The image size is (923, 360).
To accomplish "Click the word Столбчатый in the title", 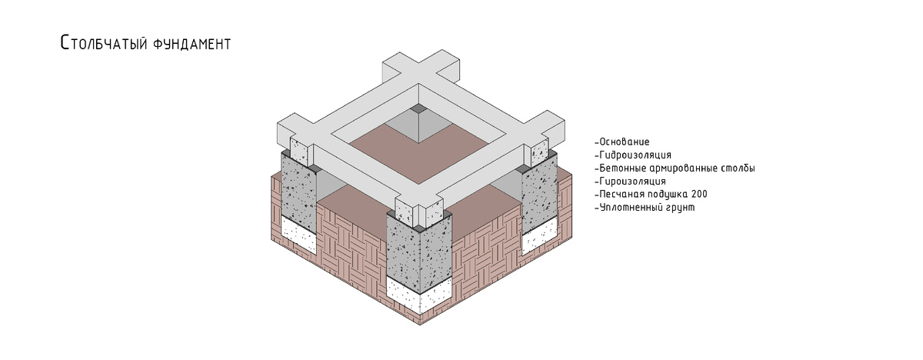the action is pyautogui.click(x=103, y=43).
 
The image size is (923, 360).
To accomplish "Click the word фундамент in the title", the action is pyautogui.click(x=192, y=43).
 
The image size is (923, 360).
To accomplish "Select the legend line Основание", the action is pyautogui.click(x=622, y=142).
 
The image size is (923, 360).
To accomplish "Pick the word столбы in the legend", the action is pyautogui.click(x=738, y=168).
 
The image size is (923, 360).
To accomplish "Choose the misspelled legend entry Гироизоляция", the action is pyautogui.click(x=630, y=182).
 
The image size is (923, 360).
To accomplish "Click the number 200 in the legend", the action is pyautogui.click(x=699, y=195).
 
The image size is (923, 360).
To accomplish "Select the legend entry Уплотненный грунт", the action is pyautogui.click(x=645, y=208).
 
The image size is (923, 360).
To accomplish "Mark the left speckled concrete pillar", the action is pyautogui.click(x=299, y=188).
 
